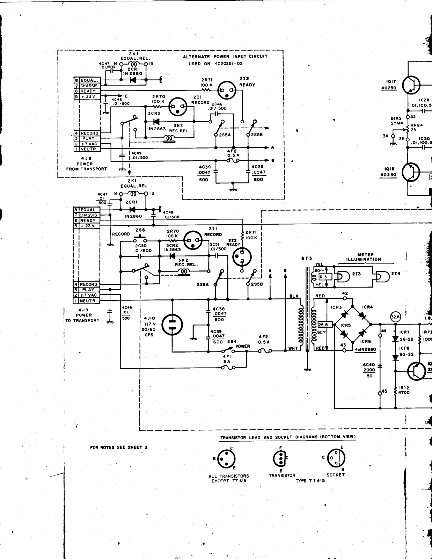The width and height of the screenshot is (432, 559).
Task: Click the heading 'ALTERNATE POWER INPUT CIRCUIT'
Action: [225, 57]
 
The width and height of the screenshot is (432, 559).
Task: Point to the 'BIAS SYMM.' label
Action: [396, 121]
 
